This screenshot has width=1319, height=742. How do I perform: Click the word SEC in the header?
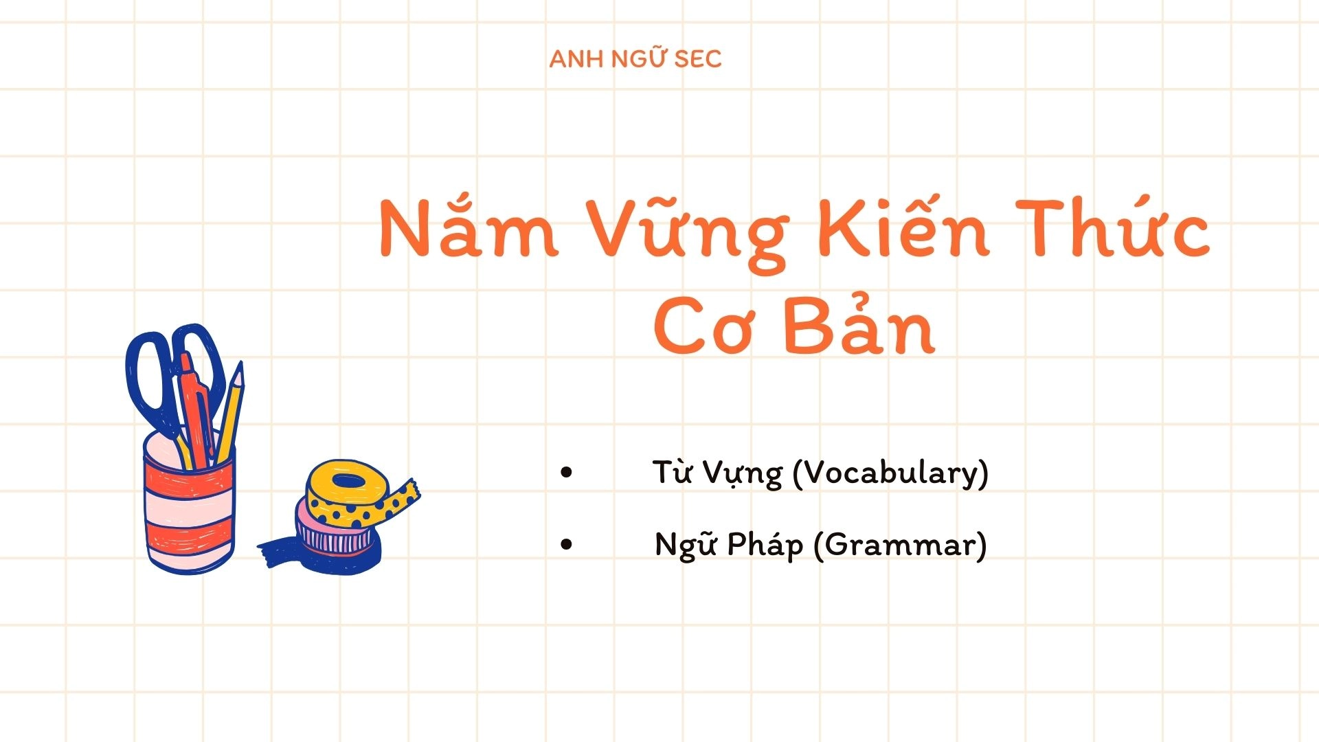[x=697, y=59]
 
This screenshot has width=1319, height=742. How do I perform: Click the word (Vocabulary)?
[x=890, y=473]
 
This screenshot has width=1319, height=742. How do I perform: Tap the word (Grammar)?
[x=900, y=546]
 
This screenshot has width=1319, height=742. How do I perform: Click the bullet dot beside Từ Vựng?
[x=566, y=472]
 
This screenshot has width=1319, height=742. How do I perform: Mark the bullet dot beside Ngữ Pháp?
[x=566, y=545]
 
